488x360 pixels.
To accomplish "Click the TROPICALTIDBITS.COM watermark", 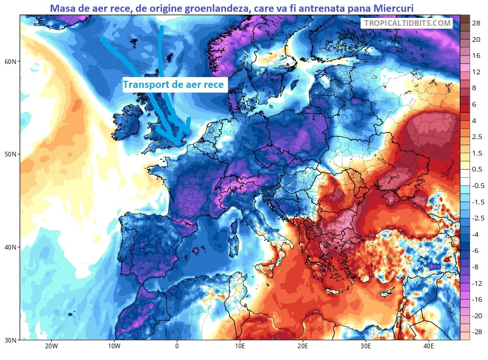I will point(407,23).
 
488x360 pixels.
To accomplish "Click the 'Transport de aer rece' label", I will point(175,85).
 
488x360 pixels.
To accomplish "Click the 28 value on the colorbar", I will point(476,23).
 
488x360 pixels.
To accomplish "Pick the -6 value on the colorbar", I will point(476,251).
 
